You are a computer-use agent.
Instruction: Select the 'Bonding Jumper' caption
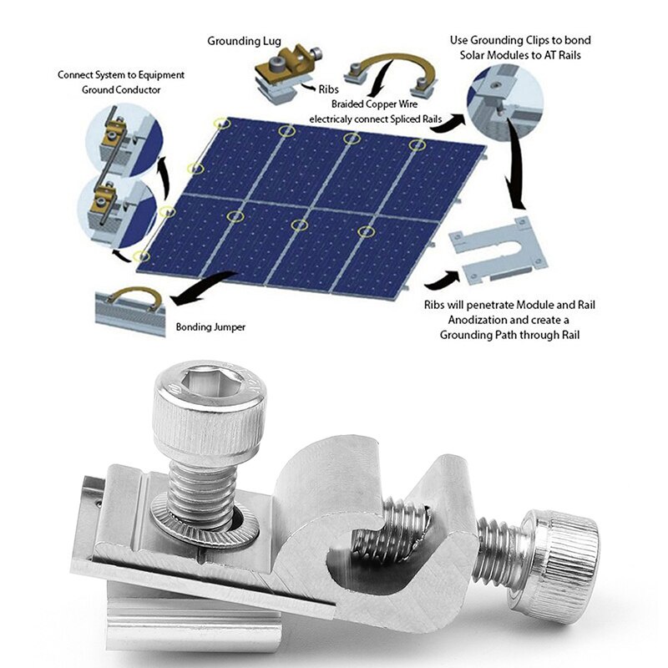[x=210, y=326]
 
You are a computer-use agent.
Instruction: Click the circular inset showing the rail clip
[x=499, y=100]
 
